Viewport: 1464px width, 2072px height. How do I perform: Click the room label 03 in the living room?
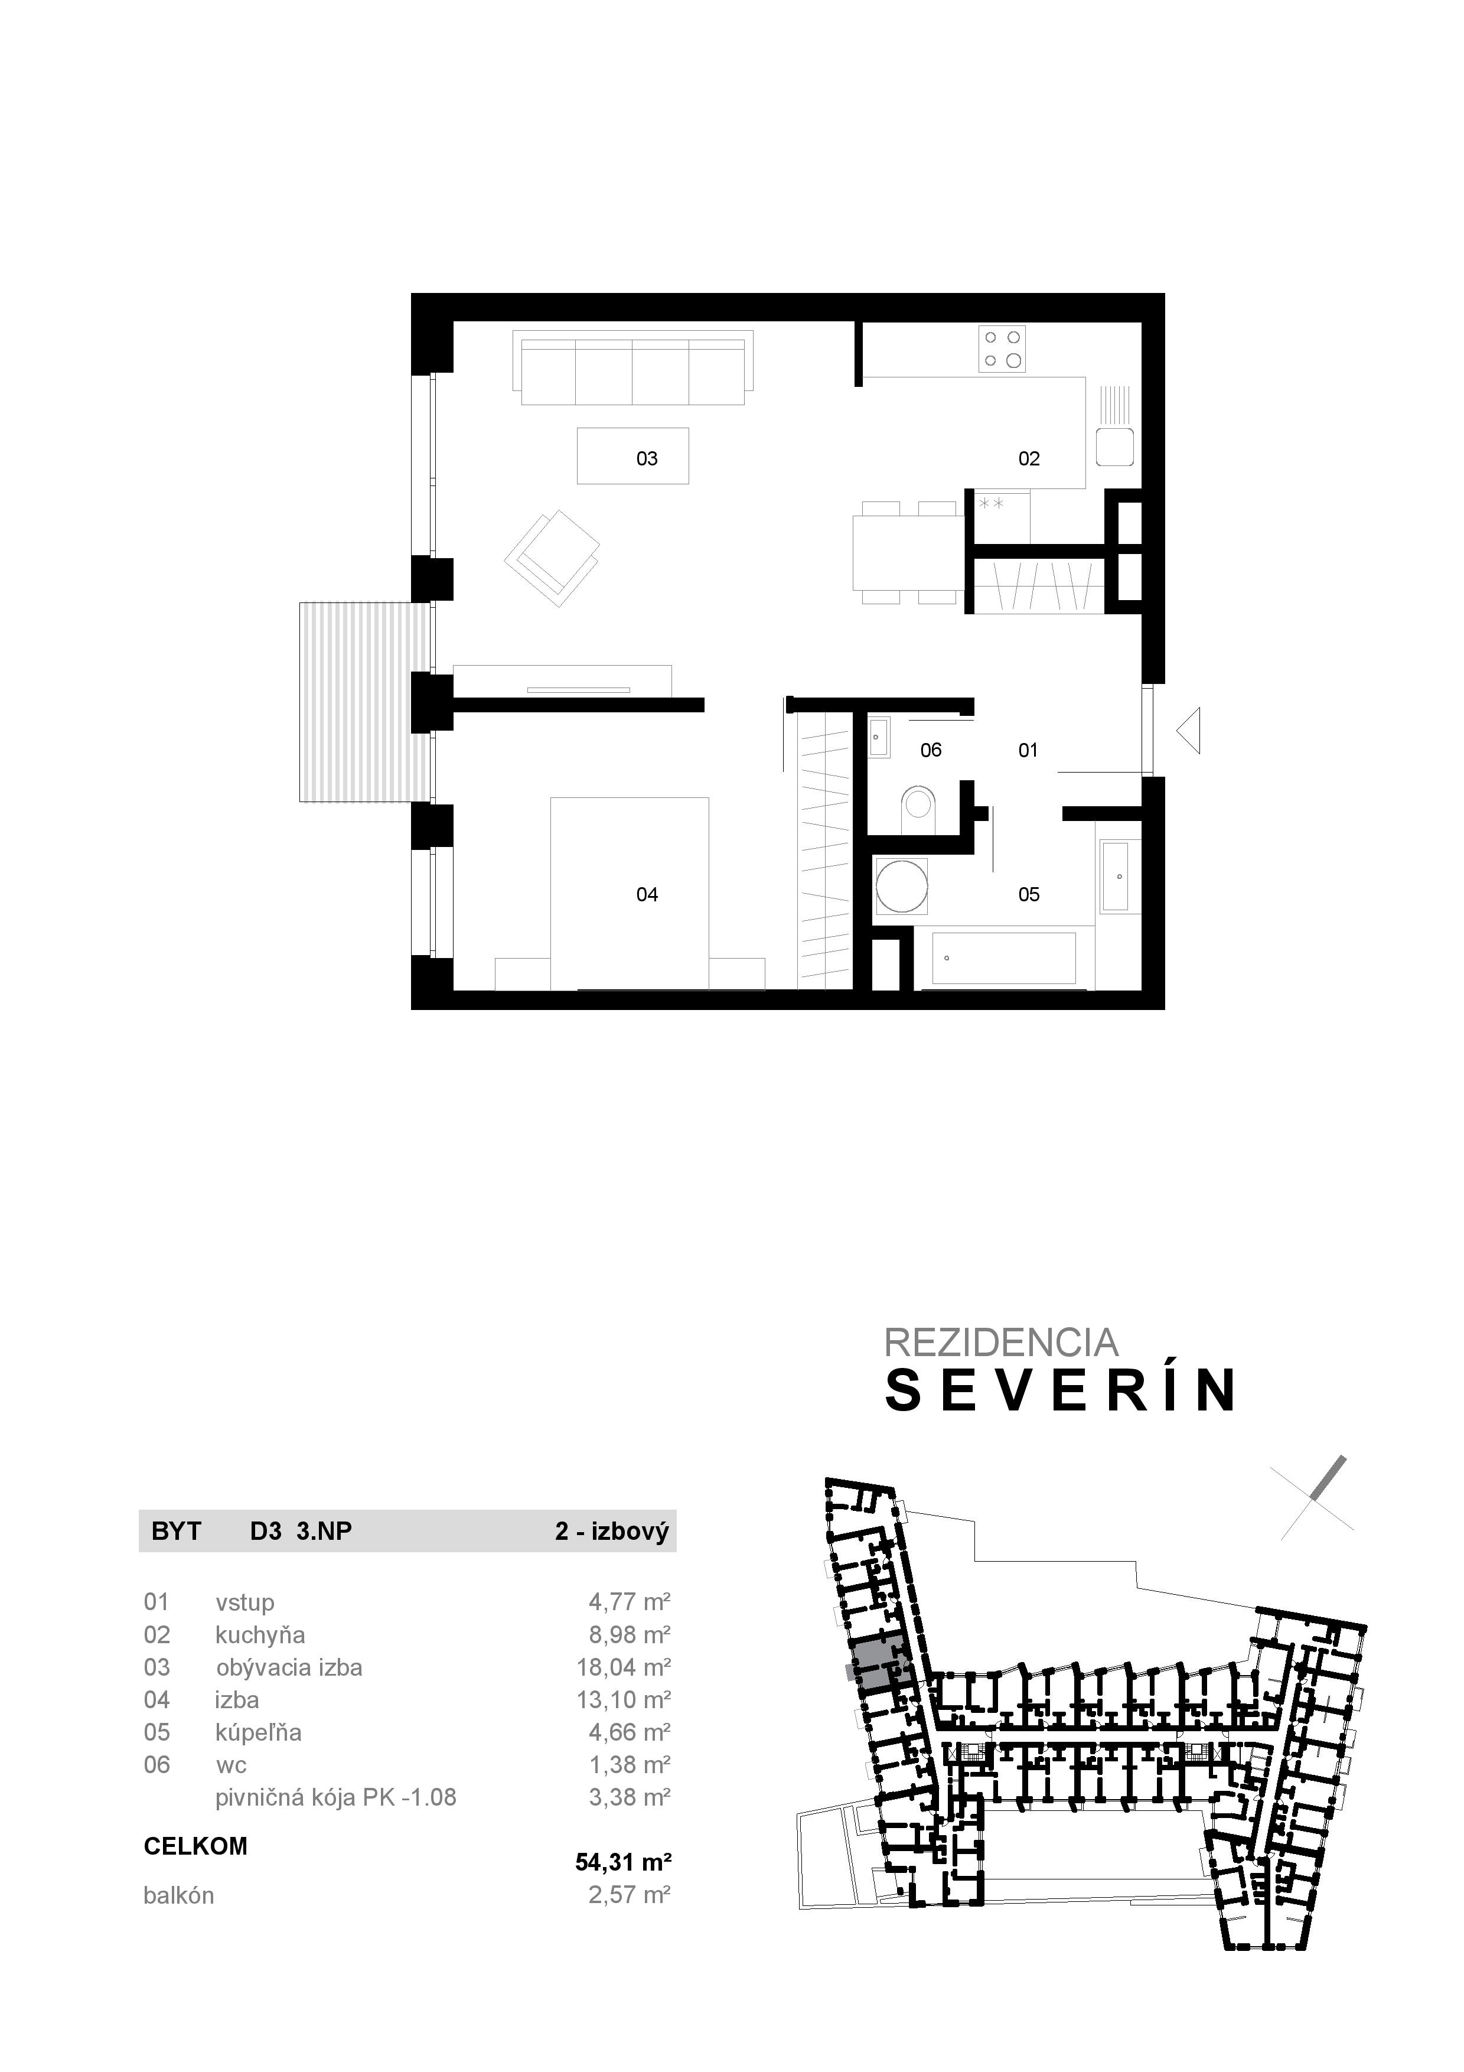pyautogui.click(x=647, y=458)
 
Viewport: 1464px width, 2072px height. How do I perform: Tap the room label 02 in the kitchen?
pyautogui.click(x=1028, y=458)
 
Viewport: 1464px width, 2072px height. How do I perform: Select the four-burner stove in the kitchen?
pyautogui.click(x=1003, y=348)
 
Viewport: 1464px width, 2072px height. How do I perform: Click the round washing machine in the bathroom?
pyautogui.click(x=901, y=885)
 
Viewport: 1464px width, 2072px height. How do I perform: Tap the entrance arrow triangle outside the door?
pyautogui.click(x=1191, y=731)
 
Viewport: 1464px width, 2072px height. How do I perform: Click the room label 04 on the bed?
pyautogui.click(x=647, y=894)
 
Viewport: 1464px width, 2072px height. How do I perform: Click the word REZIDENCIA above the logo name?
pyautogui.click(x=1000, y=1343)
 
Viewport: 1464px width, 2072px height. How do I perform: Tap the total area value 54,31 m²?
pyautogui.click(x=623, y=1862)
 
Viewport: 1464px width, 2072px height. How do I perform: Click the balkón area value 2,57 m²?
pyautogui.click(x=629, y=1895)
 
